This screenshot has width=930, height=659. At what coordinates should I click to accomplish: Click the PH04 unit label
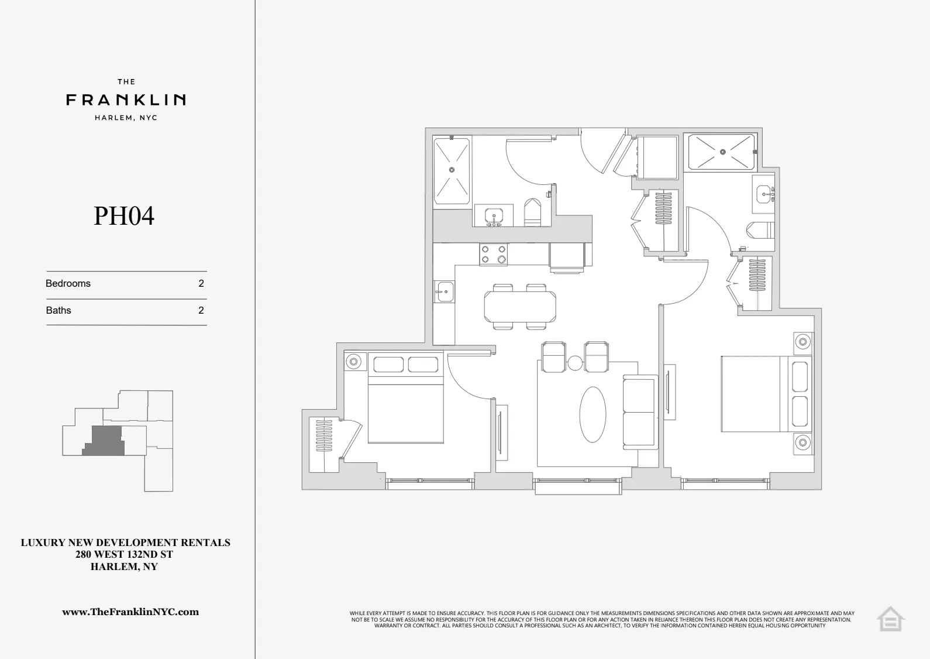(124, 216)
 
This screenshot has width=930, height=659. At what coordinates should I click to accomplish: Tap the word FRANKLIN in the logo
(126, 100)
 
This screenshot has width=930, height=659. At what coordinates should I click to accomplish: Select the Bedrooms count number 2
(201, 283)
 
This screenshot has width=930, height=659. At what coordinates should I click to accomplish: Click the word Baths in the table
(58, 310)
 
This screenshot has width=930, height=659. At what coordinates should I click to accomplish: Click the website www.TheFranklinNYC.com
(130, 612)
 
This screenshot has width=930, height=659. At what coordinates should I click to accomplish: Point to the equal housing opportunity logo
(890, 619)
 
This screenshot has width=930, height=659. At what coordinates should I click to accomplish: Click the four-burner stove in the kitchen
(494, 255)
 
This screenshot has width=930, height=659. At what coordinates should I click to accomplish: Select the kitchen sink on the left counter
(445, 291)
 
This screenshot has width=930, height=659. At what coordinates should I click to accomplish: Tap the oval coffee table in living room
(593, 414)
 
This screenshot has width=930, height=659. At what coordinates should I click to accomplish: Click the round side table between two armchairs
(575, 363)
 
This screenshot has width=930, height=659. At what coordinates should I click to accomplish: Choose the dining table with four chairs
(519, 306)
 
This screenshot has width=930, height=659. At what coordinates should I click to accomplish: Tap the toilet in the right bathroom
(762, 230)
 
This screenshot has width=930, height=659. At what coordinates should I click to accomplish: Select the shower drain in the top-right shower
(722, 152)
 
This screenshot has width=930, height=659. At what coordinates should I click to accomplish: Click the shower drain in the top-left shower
(452, 170)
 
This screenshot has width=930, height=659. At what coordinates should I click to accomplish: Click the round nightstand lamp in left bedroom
(353, 362)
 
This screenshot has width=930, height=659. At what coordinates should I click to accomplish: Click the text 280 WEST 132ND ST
(124, 554)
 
